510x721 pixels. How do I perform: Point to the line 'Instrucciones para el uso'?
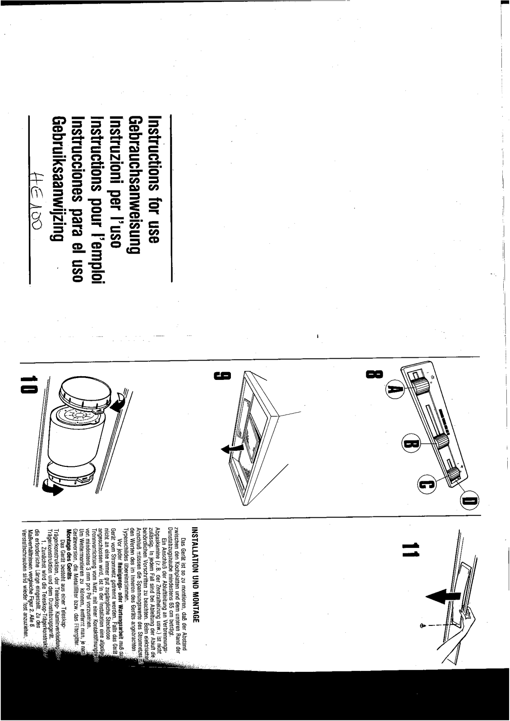pos(78,199)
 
